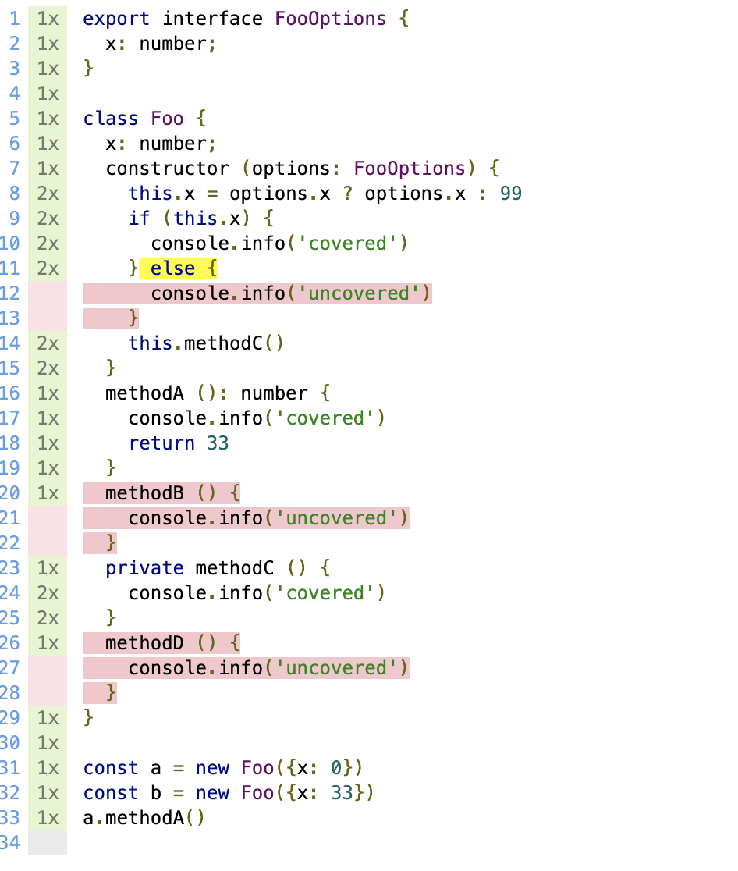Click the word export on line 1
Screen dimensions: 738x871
(x=116, y=19)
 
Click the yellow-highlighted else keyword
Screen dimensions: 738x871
(x=172, y=268)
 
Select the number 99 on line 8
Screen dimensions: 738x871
(x=511, y=194)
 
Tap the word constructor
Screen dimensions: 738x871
(x=167, y=169)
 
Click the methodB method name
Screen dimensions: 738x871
(x=144, y=493)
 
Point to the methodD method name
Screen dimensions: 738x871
(x=144, y=643)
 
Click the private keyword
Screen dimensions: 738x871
(x=144, y=568)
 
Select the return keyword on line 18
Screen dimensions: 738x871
(x=161, y=443)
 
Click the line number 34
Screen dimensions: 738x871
(x=10, y=843)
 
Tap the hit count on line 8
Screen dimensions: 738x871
(x=48, y=194)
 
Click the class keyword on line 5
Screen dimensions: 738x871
(x=111, y=119)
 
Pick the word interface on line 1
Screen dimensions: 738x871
(x=212, y=19)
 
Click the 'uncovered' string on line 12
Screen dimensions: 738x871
(x=359, y=293)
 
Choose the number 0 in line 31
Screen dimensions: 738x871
(x=336, y=768)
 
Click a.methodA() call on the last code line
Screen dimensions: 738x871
(x=144, y=818)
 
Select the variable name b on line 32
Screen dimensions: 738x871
(x=156, y=793)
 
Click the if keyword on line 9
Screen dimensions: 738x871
(x=139, y=219)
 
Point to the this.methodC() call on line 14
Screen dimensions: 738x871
(x=206, y=343)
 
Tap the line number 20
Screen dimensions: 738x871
(x=10, y=493)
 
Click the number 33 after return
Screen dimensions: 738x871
(x=218, y=443)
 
